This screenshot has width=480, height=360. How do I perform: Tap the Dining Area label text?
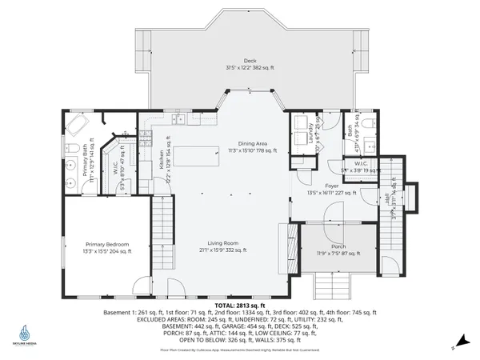click(x=250, y=144)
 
